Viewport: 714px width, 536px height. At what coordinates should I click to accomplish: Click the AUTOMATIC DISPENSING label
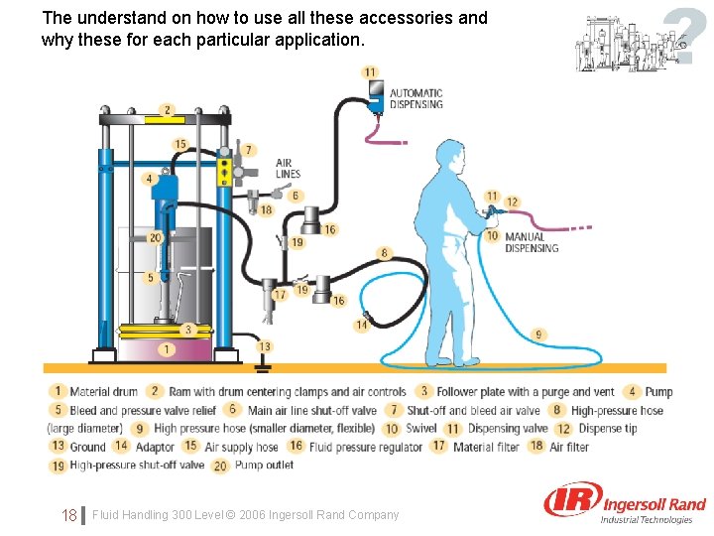[416, 98]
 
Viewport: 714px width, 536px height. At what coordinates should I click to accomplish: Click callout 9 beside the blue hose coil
[538, 334]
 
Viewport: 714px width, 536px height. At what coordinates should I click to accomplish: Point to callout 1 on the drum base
[168, 349]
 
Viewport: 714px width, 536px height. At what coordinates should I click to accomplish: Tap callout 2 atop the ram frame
[167, 110]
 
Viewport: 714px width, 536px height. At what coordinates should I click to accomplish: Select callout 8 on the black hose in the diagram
[385, 253]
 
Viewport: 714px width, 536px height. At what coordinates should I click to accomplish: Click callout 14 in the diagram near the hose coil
[361, 325]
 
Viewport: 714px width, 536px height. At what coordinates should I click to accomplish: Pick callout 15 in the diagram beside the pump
[180, 145]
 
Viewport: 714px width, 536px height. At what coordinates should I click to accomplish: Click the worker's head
[451, 157]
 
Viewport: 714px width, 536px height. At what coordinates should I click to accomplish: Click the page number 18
[69, 515]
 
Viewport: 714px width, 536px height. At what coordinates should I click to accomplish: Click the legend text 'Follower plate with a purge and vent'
[526, 392]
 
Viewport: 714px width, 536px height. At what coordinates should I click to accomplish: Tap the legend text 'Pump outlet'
[265, 465]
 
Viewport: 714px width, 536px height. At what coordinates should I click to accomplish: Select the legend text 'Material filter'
[486, 447]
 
